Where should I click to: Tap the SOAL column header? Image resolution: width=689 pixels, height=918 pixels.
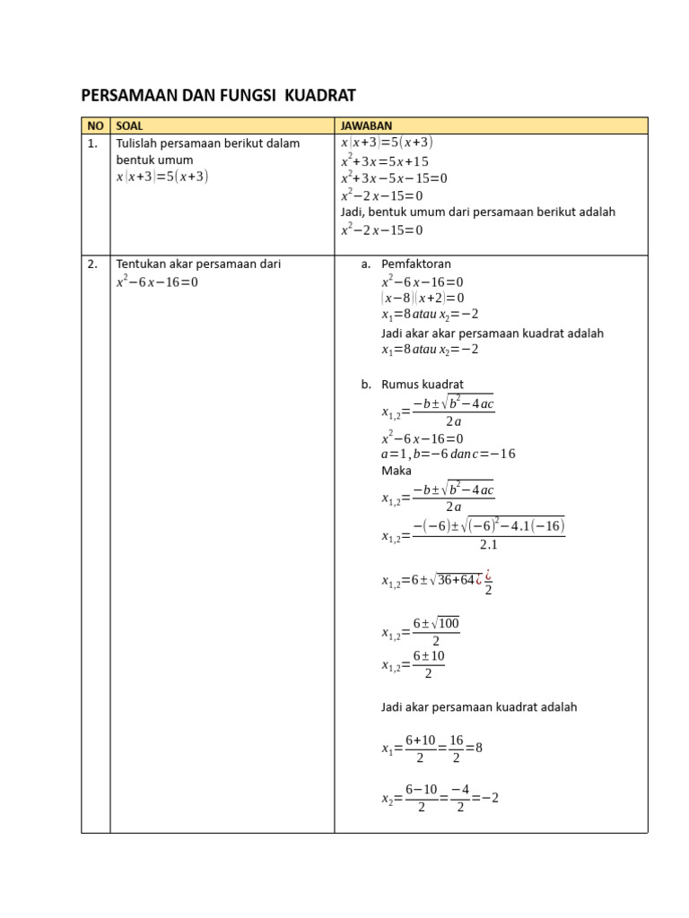click(x=130, y=126)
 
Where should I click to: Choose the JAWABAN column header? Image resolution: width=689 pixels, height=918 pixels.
click(x=366, y=126)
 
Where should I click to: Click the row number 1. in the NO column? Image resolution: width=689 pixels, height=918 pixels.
click(x=93, y=143)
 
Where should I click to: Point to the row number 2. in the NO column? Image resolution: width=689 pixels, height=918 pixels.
click(x=93, y=264)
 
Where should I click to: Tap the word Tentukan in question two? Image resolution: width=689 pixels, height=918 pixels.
click(x=142, y=264)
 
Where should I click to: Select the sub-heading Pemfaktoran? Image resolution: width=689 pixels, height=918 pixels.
click(x=416, y=264)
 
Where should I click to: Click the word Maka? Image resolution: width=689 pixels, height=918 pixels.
click(x=396, y=470)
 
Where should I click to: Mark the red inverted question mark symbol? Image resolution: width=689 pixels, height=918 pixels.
click(x=488, y=575)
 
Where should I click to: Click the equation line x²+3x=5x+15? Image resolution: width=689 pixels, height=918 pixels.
click(x=385, y=161)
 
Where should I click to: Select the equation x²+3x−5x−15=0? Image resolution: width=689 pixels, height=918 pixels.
click(x=394, y=178)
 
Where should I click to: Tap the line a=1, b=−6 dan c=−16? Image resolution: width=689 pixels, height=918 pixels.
click(x=448, y=454)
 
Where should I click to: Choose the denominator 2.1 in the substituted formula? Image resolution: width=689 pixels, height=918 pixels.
click(x=488, y=545)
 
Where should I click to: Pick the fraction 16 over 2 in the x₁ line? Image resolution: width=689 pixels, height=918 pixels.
click(x=456, y=749)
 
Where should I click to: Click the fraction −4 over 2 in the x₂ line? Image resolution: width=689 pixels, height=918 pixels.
click(x=459, y=798)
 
